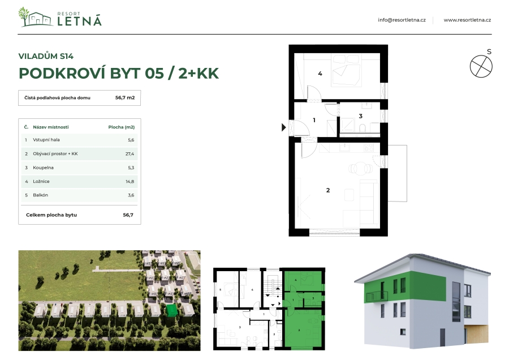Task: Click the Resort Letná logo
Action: point(60,17)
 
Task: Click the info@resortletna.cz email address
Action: point(402,20)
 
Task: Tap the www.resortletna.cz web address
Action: point(467,20)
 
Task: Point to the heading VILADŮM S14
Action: point(46,56)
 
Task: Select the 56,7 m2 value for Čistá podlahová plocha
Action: point(125,97)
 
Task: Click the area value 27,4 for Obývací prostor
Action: point(130,154)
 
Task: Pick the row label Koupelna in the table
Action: point(43,168)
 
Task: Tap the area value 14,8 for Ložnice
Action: point(130,182)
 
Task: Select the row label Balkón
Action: point(40,195)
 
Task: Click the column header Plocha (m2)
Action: point(122,127)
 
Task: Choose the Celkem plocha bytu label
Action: point(51,215)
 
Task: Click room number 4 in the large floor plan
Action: point(320,74)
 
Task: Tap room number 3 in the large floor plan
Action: point(360,116)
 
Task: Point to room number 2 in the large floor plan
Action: point(328,190)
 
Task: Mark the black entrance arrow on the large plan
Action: point(283,127)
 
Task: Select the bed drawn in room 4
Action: point(346,71)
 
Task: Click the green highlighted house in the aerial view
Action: point(172,310)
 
